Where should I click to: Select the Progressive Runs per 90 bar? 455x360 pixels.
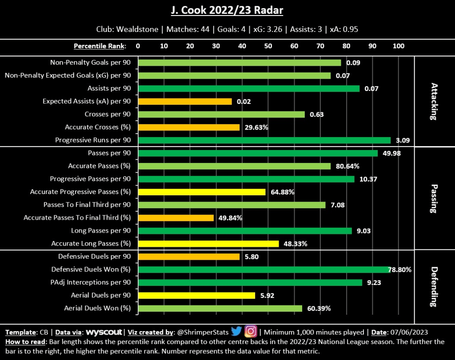[x=264, y=140]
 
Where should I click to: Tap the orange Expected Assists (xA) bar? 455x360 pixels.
[x=185, y=101]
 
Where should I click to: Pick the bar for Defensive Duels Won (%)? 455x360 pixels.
[x=264, y=269]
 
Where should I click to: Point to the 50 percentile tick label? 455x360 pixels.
[x=268, y=46]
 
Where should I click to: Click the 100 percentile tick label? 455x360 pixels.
[x=399, y=46]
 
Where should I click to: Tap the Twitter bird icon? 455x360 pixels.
[x=236, y=332]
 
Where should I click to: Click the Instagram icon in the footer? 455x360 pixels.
[x=251, y=332]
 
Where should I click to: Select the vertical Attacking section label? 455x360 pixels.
[x=434, y=102]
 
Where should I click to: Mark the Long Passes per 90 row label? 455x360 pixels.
[x=101, y=230]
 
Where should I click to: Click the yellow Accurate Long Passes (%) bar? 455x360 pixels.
[x=208, y=244]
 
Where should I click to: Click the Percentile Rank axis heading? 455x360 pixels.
[x=100, y=46]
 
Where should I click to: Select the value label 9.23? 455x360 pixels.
[x=374, y=282]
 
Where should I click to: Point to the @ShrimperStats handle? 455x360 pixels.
[x=203, y=332]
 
